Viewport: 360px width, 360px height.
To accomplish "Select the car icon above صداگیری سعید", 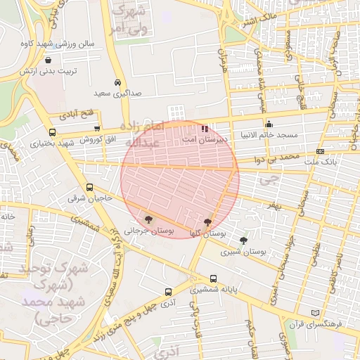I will [117, 82].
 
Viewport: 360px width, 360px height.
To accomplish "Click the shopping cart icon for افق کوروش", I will [96, 128].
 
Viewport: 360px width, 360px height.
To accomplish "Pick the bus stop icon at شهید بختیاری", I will [52, 132].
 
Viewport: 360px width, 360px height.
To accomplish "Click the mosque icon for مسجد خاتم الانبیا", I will [269, 124].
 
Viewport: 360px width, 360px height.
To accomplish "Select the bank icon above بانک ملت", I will [321, 151].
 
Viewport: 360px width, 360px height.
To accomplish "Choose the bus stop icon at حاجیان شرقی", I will [89, 188].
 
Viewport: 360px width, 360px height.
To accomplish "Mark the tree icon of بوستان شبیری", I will [244, 240].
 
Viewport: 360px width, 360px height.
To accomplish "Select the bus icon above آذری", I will [167, 292].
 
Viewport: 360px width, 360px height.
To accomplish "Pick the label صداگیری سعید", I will [117, 93].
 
